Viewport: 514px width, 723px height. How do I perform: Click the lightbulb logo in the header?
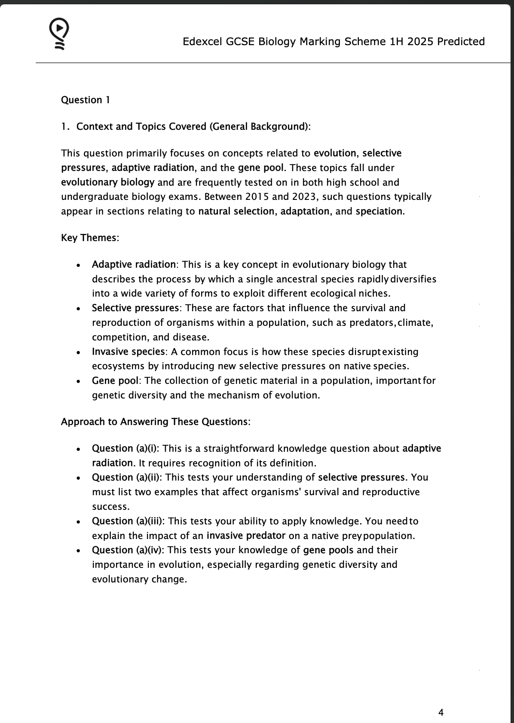pos(59,34)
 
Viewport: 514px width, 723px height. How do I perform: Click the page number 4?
pos(441,712)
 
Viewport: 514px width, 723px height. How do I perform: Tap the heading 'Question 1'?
pos(86,100)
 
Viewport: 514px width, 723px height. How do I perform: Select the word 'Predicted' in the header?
pos(461,42)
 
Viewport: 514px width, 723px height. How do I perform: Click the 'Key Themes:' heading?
pos(90,238)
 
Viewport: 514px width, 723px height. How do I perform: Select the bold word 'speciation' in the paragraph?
pos(379,211)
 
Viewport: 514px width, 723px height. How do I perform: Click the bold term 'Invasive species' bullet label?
pos(128,352)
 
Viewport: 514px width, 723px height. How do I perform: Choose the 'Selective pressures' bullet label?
pos(135,308)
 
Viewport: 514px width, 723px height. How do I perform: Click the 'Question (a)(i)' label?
pos(125,449)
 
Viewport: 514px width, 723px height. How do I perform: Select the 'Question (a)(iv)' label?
pos(128,550)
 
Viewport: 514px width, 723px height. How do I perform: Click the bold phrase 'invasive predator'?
pos(246,536)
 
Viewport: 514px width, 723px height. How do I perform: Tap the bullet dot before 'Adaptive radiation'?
pos(78,266)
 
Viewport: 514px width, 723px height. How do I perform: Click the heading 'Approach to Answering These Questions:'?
pos(156,422)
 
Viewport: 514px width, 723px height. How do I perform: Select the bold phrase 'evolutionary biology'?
pos(107,182)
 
